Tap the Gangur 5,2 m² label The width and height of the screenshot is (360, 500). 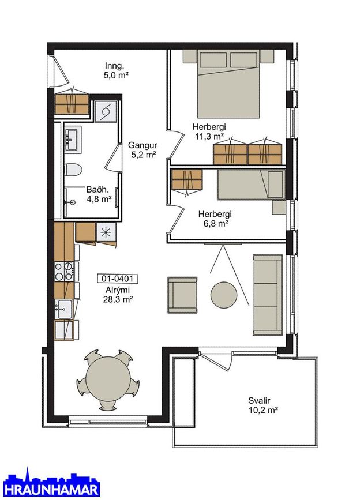pos(142,150)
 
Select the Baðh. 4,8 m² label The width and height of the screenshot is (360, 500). pos(99,194)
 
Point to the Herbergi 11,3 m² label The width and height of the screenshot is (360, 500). pos(209,131)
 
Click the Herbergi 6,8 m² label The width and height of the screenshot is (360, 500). pos(215,219)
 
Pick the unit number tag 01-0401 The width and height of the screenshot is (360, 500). pos(118,279)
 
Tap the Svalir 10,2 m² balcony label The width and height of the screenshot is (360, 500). pos(263,405)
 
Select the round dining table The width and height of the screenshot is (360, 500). pos(108,379)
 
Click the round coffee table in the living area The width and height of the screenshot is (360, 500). pos(224,295)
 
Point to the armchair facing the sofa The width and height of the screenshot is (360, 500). pos(182,295)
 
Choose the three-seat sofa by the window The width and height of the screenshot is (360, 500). pos(268,295)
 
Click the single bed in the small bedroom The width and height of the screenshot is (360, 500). pos(251,185)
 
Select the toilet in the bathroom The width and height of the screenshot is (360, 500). pos(74,170)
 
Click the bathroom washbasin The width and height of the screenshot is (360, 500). pos(73,137)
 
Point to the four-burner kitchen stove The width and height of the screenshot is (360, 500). pos(63,271)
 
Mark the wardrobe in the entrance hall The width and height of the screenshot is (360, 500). pos(72,104)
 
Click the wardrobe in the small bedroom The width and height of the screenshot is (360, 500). pos(186,179)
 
